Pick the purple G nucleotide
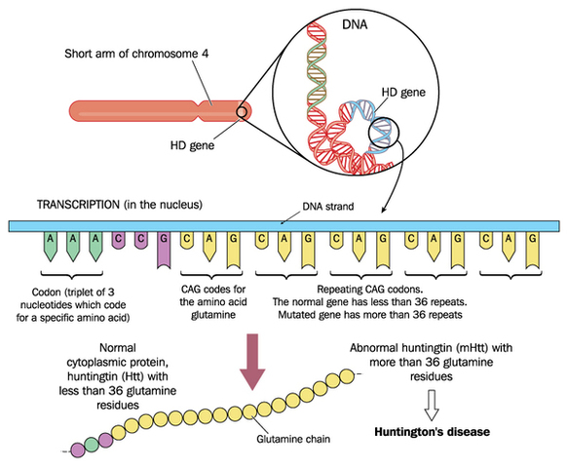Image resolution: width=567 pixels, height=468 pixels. coord(164,252)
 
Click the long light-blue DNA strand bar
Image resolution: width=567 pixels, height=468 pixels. coord(283,225)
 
